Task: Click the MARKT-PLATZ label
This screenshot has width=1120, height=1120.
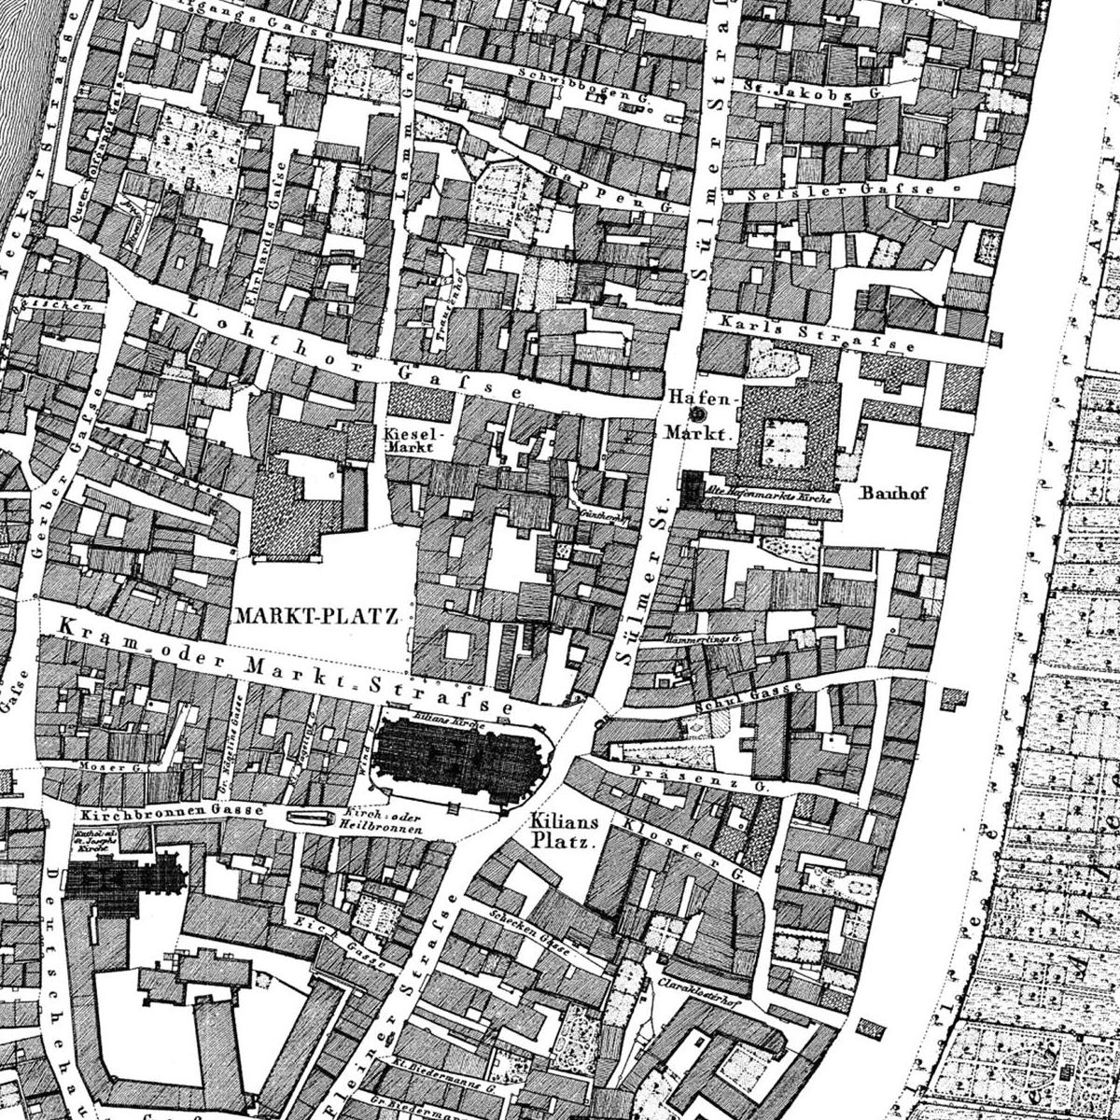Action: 317,616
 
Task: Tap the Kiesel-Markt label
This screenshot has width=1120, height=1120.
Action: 404,441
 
